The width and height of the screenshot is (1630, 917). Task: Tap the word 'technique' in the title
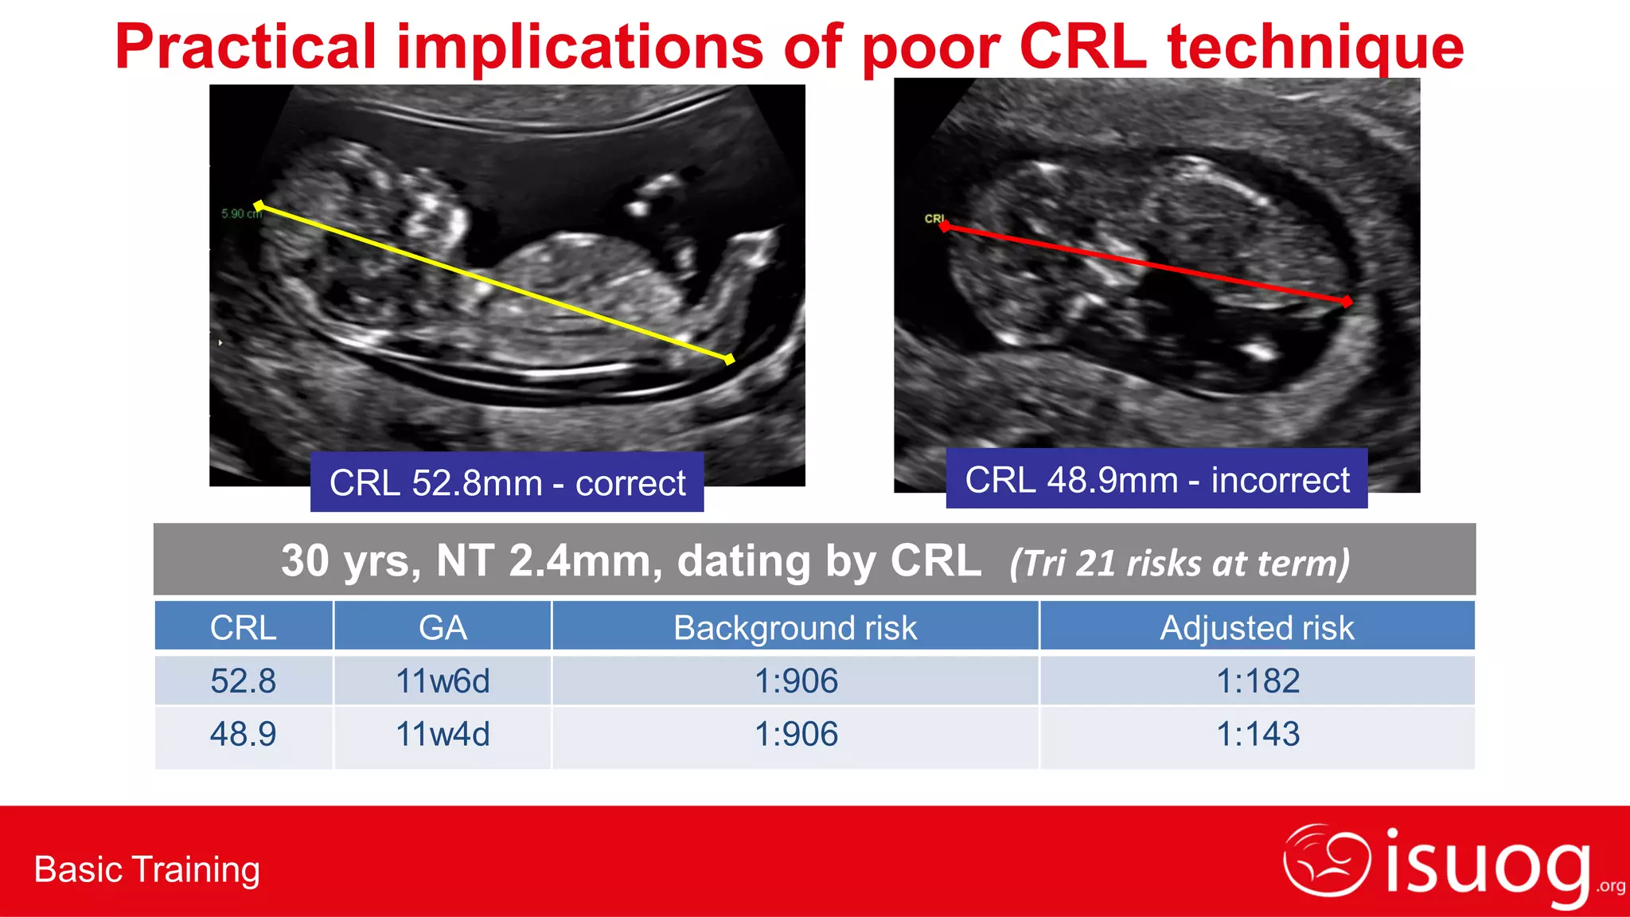click(1315, 48)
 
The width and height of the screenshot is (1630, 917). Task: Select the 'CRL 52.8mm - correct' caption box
click(507, 482)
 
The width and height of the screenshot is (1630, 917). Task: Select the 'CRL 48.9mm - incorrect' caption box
click(1156, 479)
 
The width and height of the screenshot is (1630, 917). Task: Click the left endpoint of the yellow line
click(259, 206)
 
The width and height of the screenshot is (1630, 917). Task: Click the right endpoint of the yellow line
click(729, 360)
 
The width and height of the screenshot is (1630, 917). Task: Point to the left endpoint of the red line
click(945, 227)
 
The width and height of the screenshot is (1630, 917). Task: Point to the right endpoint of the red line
click(1346, 302)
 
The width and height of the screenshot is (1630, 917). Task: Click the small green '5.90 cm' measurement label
click(241, 214)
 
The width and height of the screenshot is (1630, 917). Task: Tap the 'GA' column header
click(443, 627)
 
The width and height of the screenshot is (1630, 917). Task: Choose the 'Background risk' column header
click(795, 627)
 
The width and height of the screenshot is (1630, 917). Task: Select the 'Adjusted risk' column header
click(1257, 627)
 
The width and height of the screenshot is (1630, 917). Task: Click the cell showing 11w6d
click(443, 681)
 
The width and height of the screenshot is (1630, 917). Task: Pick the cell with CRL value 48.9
click(243, 734)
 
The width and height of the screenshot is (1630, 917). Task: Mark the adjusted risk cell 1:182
click(1258, 681)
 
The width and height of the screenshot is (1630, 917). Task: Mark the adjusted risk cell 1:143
click(1258, 734)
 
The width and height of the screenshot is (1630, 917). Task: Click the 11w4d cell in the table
click(443, 734)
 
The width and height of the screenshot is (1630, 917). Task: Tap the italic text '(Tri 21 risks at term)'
click(1180, 563)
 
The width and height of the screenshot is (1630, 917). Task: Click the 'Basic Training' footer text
click(147, 869)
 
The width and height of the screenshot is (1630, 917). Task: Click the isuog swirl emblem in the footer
click(1326, 860)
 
